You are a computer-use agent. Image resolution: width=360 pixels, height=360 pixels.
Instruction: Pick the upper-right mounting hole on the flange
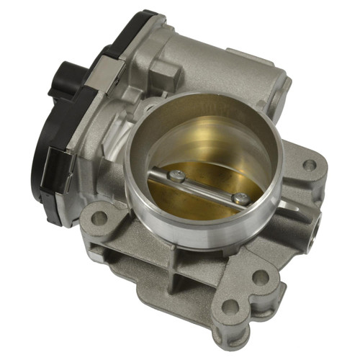[309, 165]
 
